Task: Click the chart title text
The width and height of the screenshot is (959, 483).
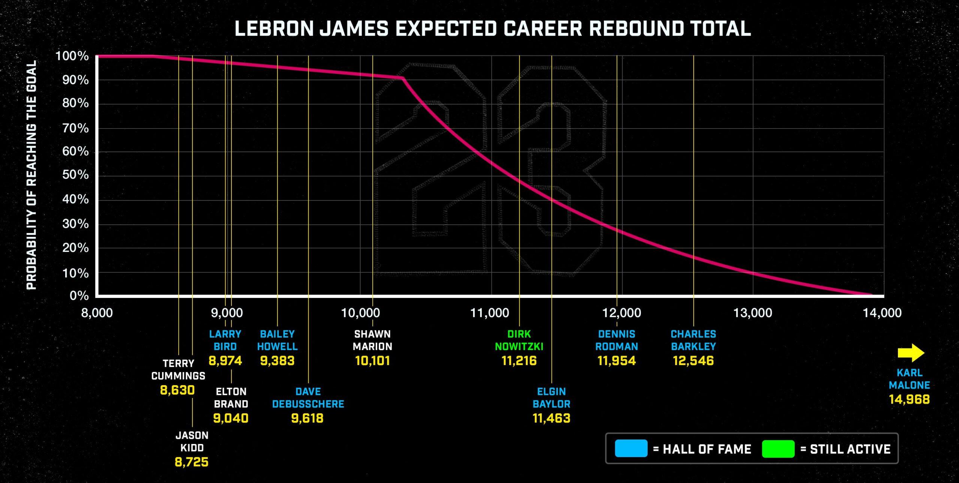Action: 493,29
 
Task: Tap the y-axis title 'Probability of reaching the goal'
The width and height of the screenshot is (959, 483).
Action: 31,175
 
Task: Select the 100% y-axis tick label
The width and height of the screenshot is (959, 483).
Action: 72,57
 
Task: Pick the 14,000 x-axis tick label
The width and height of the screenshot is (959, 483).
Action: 882,313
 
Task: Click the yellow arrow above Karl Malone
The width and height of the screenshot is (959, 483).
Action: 911,353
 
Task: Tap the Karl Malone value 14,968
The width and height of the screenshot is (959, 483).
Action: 909,399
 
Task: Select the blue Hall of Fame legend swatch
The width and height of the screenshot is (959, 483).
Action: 631,449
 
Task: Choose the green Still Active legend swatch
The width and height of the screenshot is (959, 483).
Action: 778,449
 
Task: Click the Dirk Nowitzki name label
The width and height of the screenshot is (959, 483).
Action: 519,340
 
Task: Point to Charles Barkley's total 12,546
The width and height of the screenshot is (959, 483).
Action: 693,361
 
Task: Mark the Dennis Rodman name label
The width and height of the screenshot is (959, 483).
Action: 617,340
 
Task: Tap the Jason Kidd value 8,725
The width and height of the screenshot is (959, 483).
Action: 191,462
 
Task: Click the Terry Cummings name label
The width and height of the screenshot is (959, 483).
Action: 178,369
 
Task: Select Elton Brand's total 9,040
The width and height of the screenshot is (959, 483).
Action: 231,418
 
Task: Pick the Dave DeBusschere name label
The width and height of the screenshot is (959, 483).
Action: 308,398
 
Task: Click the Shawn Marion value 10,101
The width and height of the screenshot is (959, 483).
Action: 372,361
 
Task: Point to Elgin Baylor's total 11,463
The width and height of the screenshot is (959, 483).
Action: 551,418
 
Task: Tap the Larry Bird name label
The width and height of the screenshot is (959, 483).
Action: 225,340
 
